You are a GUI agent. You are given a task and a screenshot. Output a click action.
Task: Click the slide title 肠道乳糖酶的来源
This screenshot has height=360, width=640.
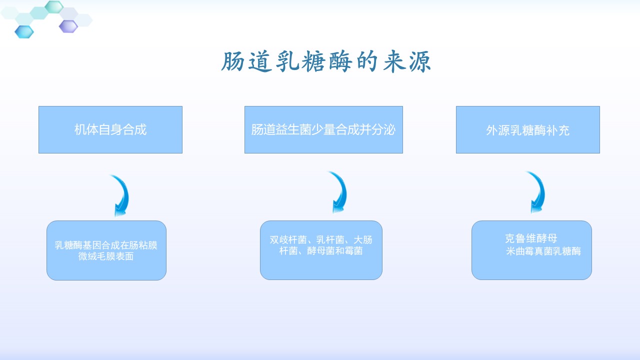click(326, 61)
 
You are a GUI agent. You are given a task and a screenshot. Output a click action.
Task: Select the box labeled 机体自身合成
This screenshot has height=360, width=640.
click(110, 129)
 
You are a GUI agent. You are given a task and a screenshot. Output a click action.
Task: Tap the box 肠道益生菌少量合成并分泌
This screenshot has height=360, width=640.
click(323, 129)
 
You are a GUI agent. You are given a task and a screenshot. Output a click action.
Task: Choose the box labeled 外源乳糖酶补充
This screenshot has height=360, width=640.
click(528, 129)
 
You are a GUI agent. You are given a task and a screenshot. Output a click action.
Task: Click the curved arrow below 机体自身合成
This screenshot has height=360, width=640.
click(121, 195)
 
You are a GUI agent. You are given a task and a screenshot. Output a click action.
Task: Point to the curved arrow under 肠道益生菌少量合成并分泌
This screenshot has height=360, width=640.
click(339, 192)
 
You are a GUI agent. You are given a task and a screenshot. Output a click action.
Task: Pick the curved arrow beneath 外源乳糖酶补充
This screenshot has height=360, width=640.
click(537, 192)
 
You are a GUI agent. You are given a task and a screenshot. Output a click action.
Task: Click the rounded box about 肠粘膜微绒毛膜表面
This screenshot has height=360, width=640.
click(106, 250)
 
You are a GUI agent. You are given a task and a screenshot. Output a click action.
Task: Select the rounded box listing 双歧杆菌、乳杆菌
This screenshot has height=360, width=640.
click(321, 250)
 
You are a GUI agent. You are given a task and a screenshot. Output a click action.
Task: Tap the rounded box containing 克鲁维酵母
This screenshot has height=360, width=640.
click(531, 250)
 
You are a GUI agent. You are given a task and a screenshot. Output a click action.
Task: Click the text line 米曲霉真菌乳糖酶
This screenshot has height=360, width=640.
click(543, 251)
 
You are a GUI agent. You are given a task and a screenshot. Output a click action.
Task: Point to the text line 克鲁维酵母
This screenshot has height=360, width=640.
click(531, 238)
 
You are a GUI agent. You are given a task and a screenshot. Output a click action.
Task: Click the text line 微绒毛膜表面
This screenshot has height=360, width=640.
click(106, 256)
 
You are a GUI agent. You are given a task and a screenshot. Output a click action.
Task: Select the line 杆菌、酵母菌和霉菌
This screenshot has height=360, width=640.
click(321, 251)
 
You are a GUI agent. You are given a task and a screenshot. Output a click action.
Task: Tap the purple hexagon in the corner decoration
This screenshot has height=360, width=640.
click(68, 26)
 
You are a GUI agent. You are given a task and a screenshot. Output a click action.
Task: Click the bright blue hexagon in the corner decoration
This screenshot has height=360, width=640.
click(24, 31)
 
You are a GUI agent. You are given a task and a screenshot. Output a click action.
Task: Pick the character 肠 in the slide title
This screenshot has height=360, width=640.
click(233, 61)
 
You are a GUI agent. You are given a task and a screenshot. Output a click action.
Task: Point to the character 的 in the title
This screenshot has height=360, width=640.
click(367, 61)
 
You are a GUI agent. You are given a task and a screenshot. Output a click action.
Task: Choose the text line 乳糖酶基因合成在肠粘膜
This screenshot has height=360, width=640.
click(106, 245)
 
